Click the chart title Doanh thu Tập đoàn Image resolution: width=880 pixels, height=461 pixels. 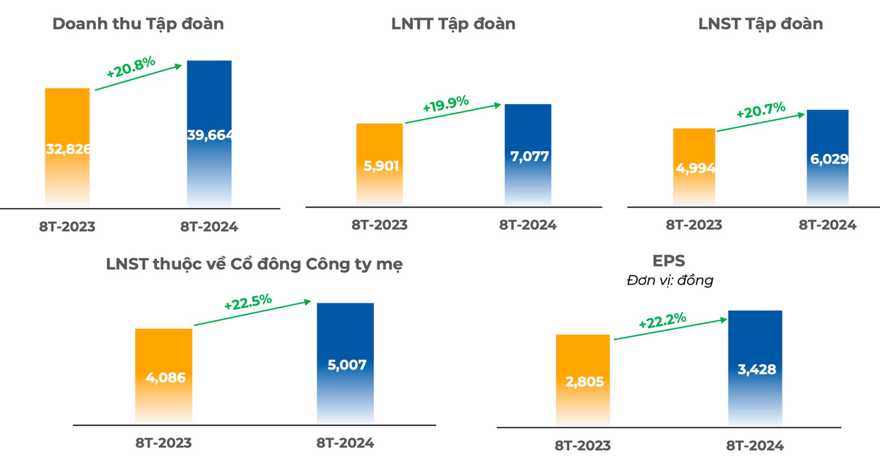(x=139, y=24)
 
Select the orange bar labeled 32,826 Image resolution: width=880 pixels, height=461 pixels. (x=67, y=147)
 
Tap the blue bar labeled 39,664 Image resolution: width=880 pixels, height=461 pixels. (x=209, y=133)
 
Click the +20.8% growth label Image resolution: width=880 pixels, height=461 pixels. (x=131, y=67)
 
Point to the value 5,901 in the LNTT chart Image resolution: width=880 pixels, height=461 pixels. (x=381, y=166)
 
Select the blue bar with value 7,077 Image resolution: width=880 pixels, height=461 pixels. (x=528, y=155)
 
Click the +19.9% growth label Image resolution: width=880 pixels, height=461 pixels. (x=446, y=103)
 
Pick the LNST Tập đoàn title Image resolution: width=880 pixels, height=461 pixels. (x=760, y=24)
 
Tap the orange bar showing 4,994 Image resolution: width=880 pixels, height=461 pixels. (x=694, y=167)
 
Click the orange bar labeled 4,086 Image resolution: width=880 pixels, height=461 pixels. (x=164, y=376)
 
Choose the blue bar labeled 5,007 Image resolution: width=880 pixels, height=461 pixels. (x=345, y=364)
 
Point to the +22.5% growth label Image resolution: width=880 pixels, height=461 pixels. (x=248, y=301)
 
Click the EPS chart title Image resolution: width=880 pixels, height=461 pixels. (x=669, y=261)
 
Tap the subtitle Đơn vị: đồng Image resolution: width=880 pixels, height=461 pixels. (x=670, y=281)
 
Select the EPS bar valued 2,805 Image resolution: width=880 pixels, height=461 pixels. (x=583, y=380)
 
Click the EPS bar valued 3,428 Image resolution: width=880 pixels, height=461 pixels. (x=755, y=368)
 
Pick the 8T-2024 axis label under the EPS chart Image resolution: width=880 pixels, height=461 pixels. (x=755, y=446)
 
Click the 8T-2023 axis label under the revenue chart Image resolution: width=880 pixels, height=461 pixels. (x=67, y=226)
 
